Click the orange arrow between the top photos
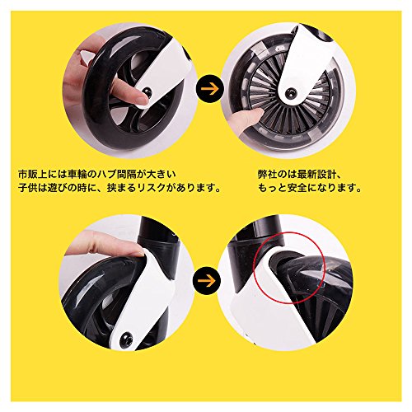pyautogui.click(x=209, y=88)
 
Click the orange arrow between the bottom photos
pyautogui.click(x=206, y=280)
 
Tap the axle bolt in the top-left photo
pyautogui.click(x=147, y=91)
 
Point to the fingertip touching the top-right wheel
pyautogui.click(x=258, y=113)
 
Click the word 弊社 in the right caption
pyautogui.click(x=268, y=175)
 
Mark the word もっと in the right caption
pyautogui.click(x=273, y=188)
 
